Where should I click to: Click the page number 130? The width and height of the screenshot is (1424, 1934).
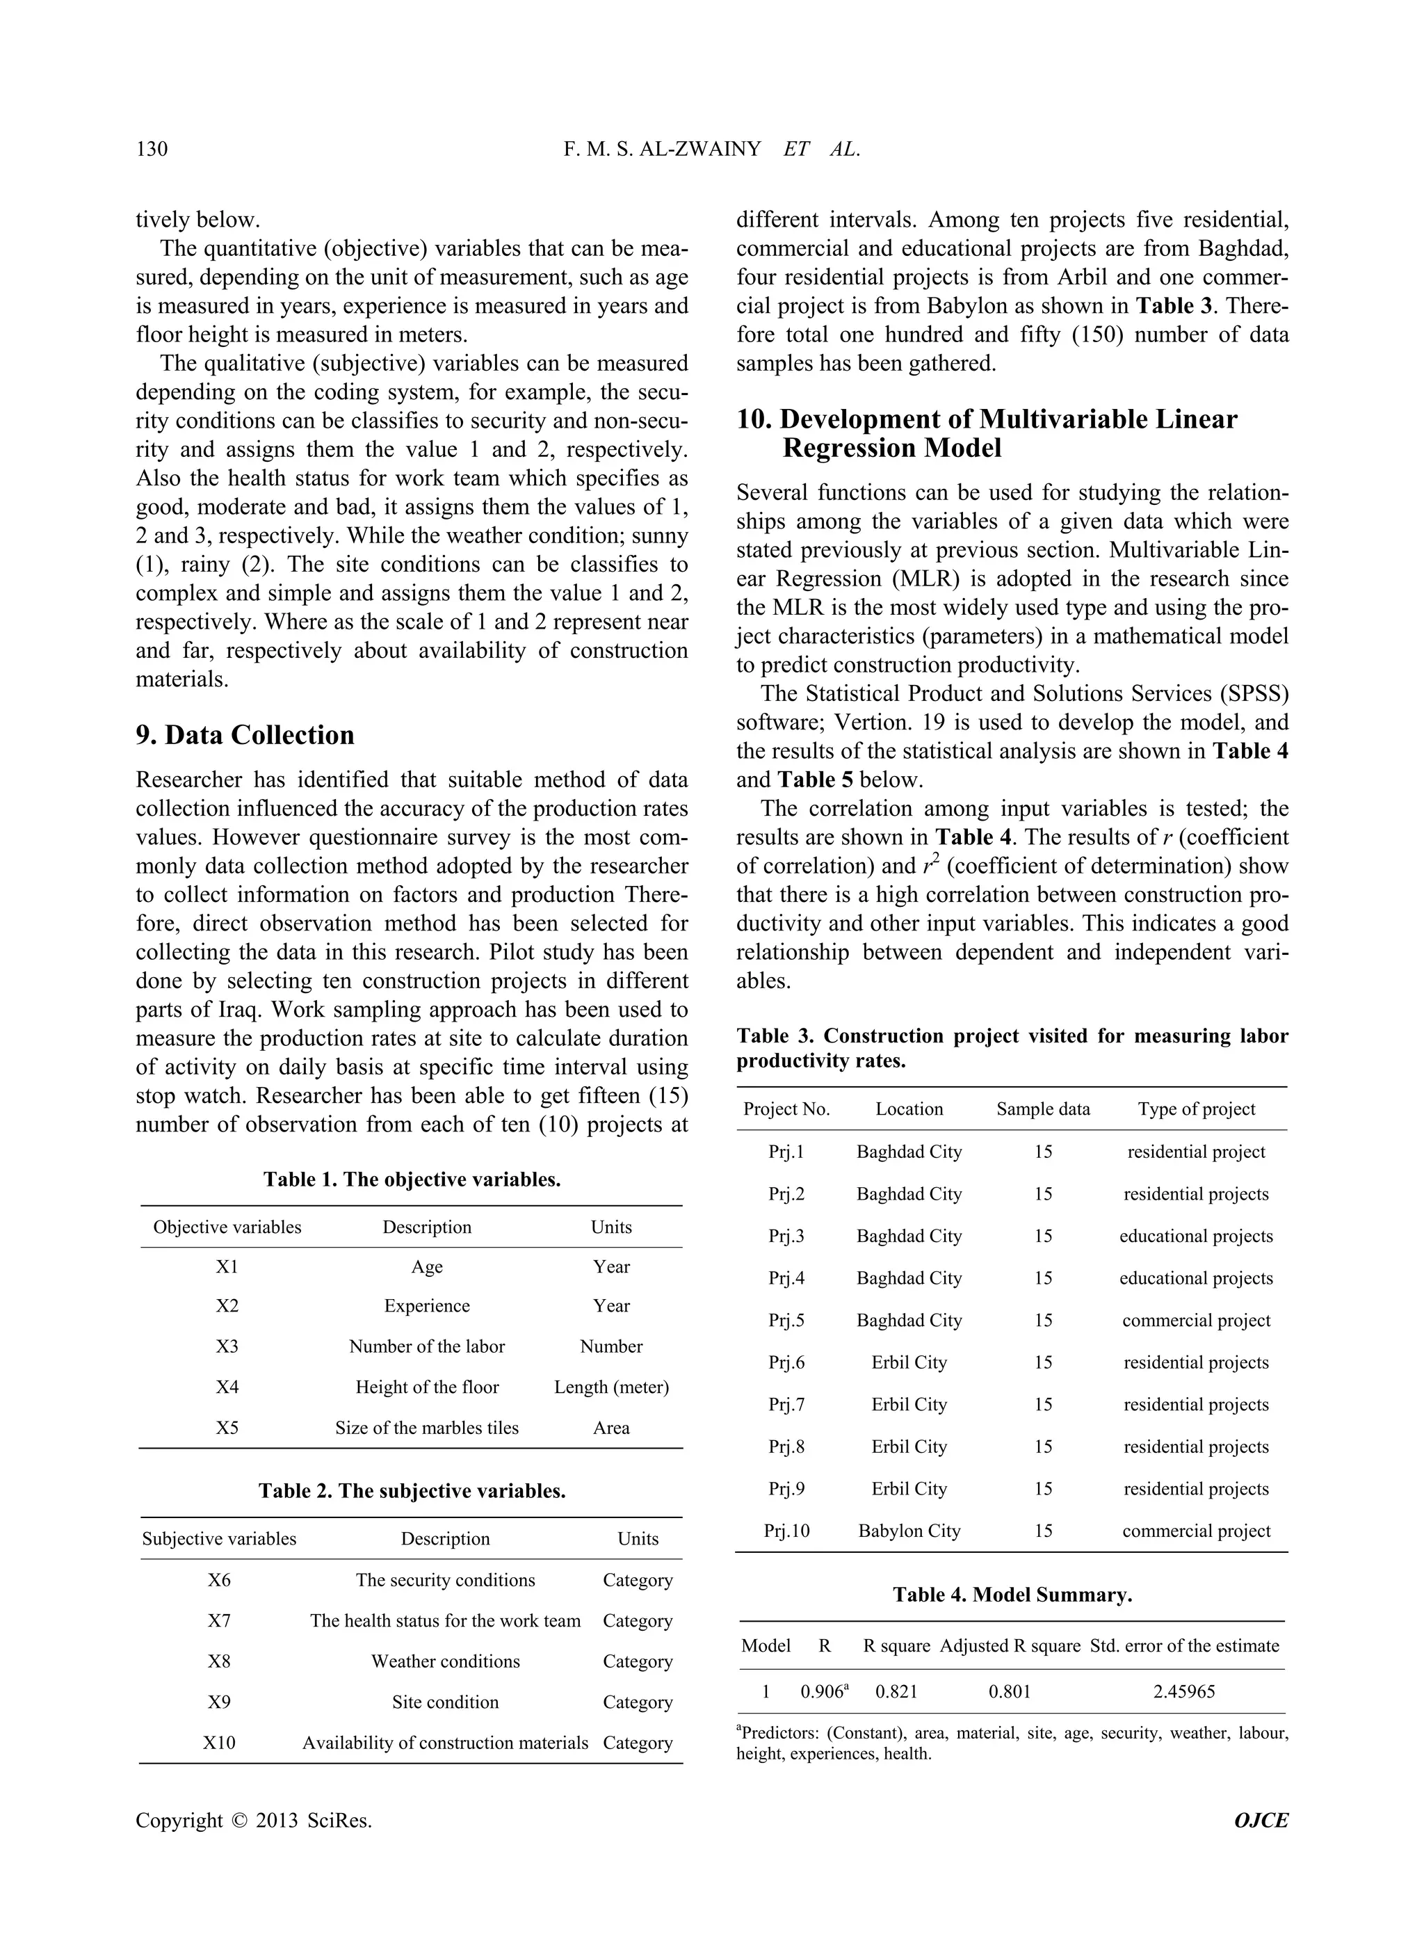point(152,149)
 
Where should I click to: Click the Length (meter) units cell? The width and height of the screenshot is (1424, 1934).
point(611,1387)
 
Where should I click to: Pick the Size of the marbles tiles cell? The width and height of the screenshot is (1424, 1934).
point(427,1427)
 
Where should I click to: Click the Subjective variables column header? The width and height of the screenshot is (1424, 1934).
point(219,1538)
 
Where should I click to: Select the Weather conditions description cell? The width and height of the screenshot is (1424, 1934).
point(445,1661)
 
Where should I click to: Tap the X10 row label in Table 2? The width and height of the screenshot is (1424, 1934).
point(219,1743)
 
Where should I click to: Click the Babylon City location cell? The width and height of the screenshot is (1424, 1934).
point(909,1531)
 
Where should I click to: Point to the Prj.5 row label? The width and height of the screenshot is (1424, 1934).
point(786,1320)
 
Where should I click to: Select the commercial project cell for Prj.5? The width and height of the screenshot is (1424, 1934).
point(1195,1320)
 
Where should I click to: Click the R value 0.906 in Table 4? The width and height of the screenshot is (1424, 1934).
point(821,1692)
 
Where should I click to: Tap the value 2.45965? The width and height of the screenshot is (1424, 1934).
point(1183,1692)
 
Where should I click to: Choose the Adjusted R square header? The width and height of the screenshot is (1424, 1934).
point(1010,1645)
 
